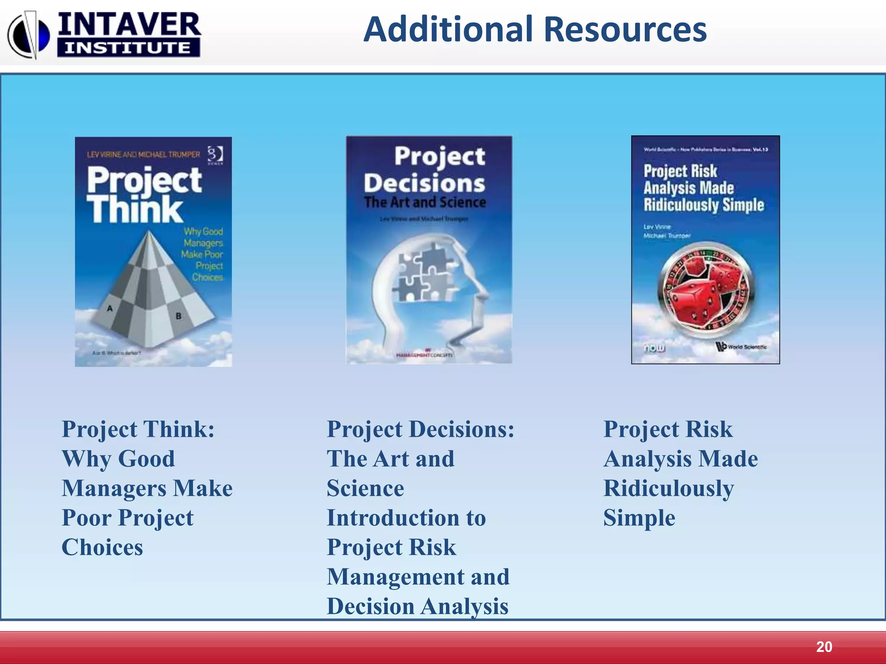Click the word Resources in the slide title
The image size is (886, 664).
pos(625,29)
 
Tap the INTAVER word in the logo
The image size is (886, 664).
pos(129,25)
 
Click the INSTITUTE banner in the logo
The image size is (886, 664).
pos(128,48)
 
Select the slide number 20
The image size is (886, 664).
pos(824,647)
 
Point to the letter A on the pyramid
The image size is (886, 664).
pos(110,308)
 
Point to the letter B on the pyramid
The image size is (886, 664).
pos(178,316)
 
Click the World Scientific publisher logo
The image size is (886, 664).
pos(742,347)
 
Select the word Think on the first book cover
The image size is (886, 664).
pos(135,210)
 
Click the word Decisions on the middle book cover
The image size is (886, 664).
pos(424,183)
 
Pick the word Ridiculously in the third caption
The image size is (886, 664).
pos(668,489)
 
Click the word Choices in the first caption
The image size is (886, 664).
pos(102,547)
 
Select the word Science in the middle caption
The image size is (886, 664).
pos(365,488)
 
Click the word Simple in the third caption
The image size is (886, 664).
pos(639,518)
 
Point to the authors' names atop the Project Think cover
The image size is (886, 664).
pos(143,154)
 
